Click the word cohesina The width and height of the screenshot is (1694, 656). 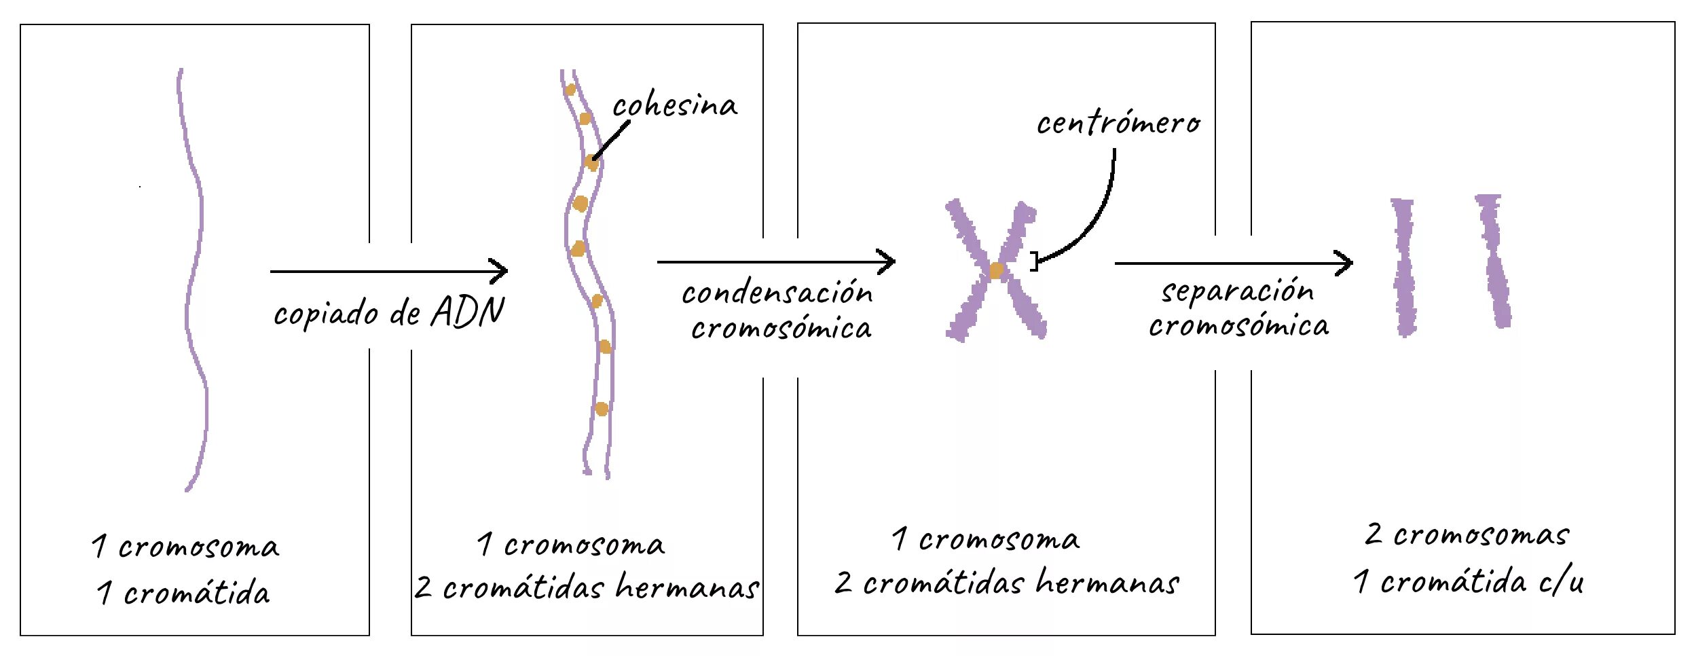click(674, 106)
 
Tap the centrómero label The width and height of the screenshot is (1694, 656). click(1118, 124)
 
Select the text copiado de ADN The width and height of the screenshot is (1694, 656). click(388, 313)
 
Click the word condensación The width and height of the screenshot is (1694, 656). click(777, 293)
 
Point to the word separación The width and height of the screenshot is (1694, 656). click(1237, 291)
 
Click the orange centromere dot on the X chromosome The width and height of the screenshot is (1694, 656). click(996, 270)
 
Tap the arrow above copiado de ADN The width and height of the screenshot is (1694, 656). click(388, 272)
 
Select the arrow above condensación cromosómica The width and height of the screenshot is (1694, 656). click(775, 261)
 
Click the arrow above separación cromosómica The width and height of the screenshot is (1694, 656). click(1233, 263)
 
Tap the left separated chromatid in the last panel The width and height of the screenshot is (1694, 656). click(1404, 268)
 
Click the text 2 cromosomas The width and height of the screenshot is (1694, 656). click(1467, 535)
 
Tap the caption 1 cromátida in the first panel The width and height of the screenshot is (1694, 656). click(183, 593)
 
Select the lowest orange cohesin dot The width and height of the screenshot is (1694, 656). click(601, 409)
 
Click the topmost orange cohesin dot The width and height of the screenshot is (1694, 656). click(570, 90)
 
